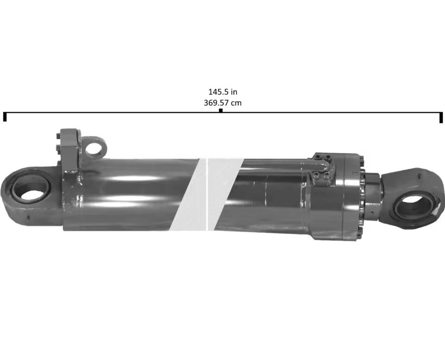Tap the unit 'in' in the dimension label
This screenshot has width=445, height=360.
234,92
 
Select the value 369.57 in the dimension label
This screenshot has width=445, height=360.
216,103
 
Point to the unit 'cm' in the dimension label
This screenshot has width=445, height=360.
236,103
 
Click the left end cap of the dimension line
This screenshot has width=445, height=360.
5,116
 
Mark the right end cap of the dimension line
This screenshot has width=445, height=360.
441,117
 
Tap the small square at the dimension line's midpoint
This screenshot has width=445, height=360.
221,111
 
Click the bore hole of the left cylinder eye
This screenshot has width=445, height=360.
31,189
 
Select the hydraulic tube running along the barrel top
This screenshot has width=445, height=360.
278,164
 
